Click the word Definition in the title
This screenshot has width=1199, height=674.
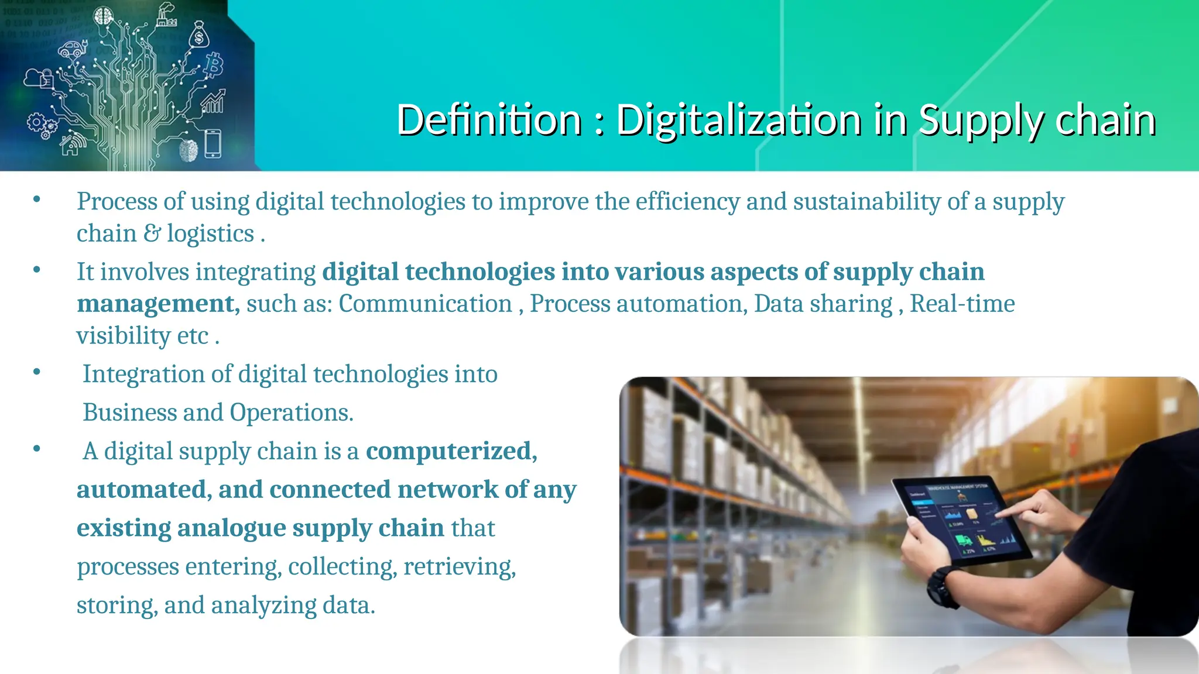489,120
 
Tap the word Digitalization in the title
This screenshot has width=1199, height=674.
739,120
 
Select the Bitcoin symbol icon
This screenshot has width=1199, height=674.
214,65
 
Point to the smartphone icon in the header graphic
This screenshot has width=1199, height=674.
213,144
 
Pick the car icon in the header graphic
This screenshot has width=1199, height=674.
73,49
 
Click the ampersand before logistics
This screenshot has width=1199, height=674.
152,233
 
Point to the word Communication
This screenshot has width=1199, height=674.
426,304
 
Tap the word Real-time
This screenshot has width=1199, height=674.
962,304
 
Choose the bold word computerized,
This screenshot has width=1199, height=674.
451,451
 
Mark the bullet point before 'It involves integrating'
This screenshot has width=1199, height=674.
37,270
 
